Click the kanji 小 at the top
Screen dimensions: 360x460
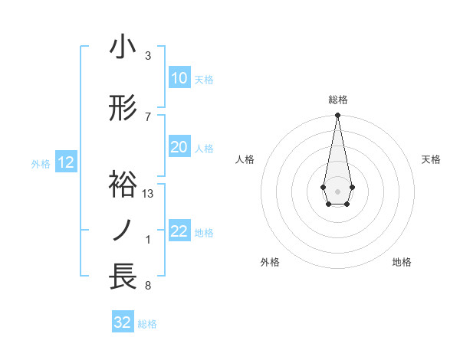pyautogui.click(x=123, y=47)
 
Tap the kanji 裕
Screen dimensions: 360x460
pyautogui.click(x=123, y=185)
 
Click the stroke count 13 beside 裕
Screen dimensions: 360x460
pyautogui.click(x=148, y=194)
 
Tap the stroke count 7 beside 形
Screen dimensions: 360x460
pyautogui.click(x=148, y=116)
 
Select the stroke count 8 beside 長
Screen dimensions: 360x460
pyautogui.click(x=148, y=286)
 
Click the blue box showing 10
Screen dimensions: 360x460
pyautogui.click(x=179, y=78)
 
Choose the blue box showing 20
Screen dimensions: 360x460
pyautogui.click(x=179, y=148)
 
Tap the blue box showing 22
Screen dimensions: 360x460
pyautogui.click(x=179, y=232)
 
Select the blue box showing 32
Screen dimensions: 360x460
pyautogui.click(x=123, y=322)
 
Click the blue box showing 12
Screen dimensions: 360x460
pyautogui.click(x=65, y=162)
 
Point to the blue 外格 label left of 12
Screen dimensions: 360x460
pyautogui.click(x=41, y=163)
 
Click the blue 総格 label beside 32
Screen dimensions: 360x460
pyautogui.click(x=147, y=324)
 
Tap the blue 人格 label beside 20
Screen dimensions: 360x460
pyautogui.click(x=204, y=149)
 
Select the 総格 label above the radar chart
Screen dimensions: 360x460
pyautogui.click(x=337, y=100)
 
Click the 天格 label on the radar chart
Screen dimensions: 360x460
pyautogui.click(x=431, y=159)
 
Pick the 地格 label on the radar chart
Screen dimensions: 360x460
pyautogui.click(x=402, y=262)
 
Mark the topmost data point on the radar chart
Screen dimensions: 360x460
pyautogui.click(x=337, y=115)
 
